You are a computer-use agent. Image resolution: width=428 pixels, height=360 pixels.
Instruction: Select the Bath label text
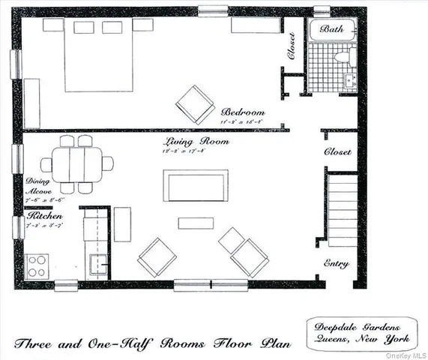[332, 28]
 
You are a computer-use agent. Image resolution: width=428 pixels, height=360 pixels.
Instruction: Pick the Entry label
[336, 263]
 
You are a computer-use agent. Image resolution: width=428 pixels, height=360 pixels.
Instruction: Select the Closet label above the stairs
[337, 151]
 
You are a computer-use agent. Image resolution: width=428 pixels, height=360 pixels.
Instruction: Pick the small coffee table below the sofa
[194, 222]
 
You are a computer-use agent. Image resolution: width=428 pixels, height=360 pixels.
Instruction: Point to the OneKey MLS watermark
[406, 355]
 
